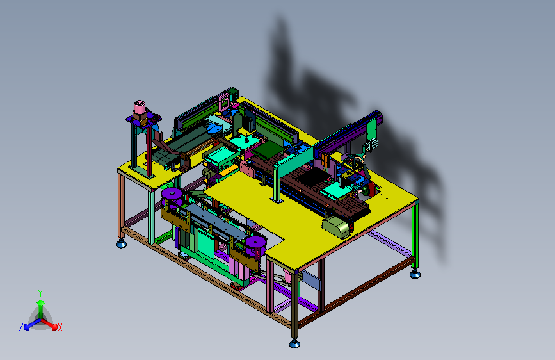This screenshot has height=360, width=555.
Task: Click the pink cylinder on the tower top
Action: (140, 106)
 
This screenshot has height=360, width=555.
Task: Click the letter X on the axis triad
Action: (60, 327)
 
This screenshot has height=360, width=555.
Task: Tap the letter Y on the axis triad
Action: (40, 293)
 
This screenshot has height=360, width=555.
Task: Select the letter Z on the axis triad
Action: (21, 327)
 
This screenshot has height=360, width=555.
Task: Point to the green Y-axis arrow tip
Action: (41, 302)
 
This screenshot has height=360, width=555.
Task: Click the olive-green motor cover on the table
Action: (336, 226)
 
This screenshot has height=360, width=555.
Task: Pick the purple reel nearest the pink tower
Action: (172, 194)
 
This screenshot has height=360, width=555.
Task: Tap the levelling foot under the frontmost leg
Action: (294, 343)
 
